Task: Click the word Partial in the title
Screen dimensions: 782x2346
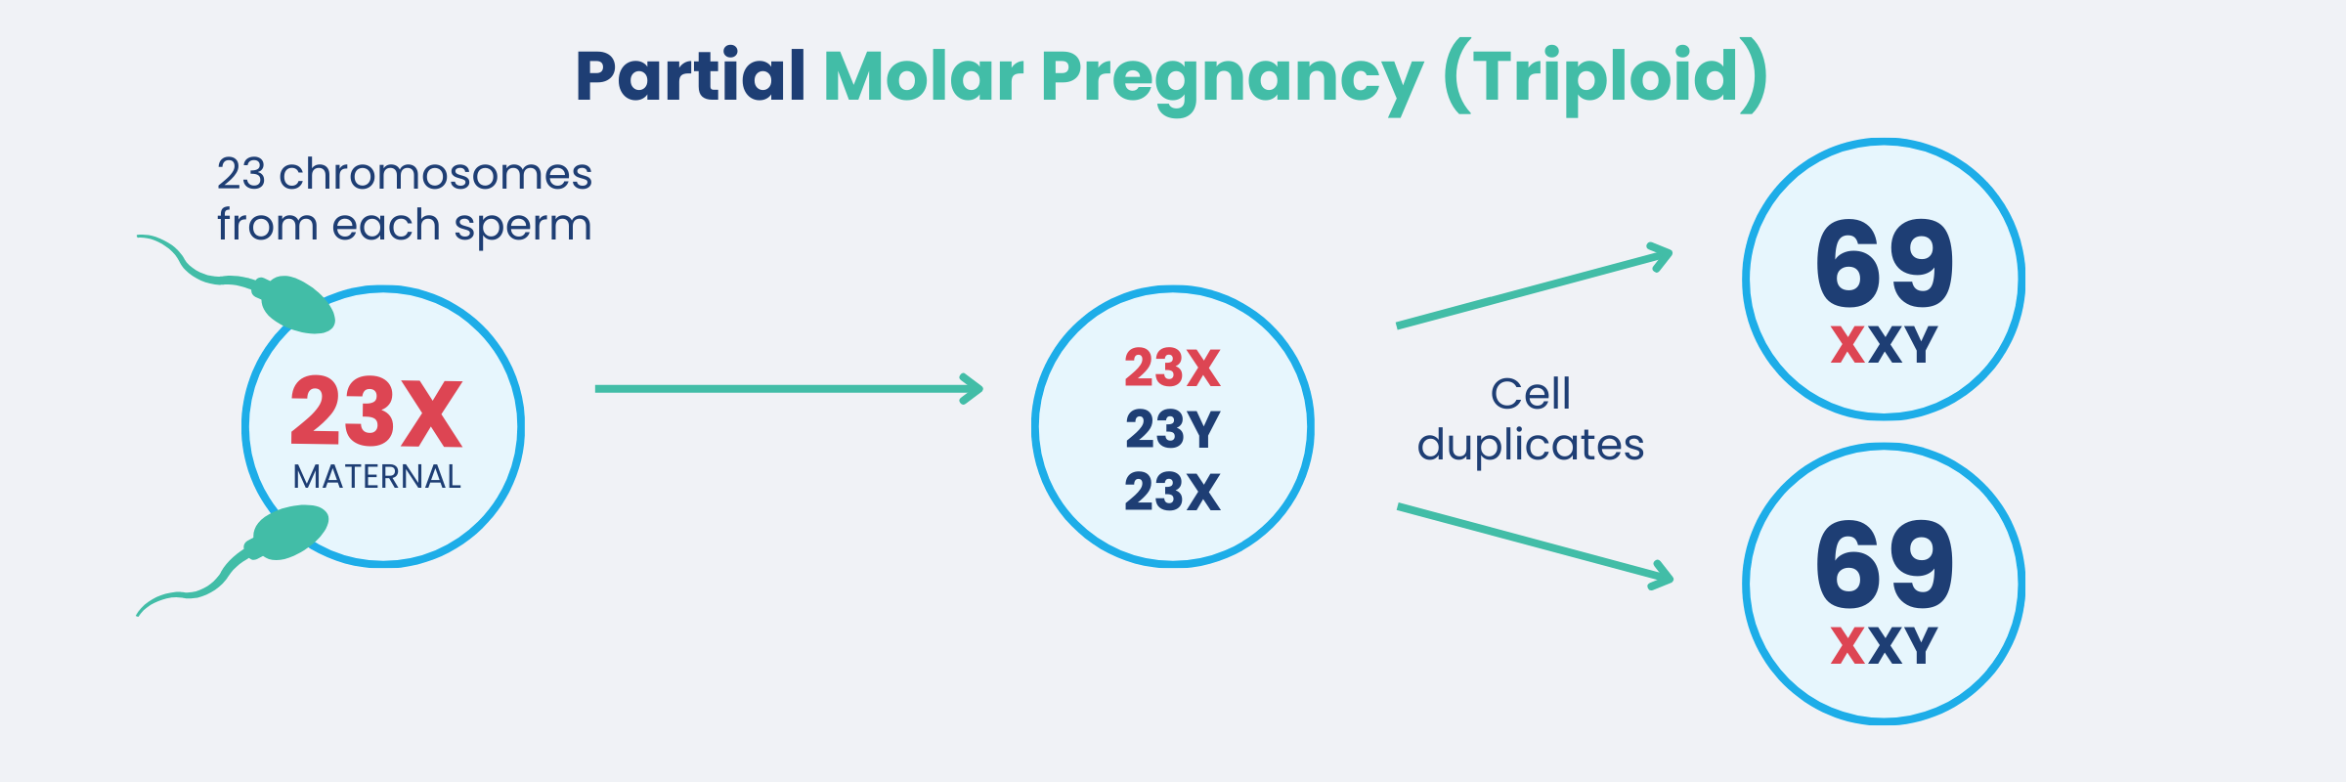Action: point(690,76)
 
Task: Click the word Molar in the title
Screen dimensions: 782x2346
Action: point(923,76)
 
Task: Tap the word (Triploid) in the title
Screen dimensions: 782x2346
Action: point(1605,76)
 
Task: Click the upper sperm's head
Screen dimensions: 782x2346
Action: point(295,304)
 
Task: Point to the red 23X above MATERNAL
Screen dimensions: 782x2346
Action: point(376,413)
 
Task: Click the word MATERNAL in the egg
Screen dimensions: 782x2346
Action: point(376,477)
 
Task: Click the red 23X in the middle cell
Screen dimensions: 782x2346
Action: point(1172,369)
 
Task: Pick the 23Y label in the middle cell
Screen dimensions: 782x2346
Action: point(1172,429)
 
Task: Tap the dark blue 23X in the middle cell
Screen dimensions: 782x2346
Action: point(1172,492)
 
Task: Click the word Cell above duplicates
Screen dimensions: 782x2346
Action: point(1530,394)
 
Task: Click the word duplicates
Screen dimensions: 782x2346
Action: point(1530,445)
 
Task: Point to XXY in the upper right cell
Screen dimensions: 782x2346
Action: point(1884,345)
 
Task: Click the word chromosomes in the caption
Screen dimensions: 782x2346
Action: point(435,174)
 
